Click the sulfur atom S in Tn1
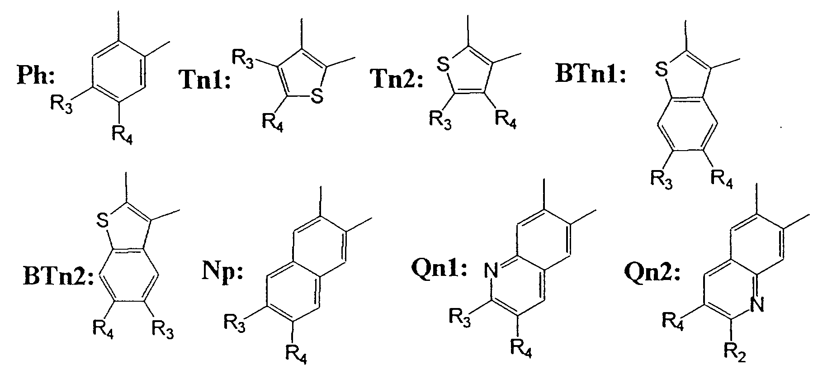(x=317, y=96)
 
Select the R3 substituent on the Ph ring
(x=61, y=105)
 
